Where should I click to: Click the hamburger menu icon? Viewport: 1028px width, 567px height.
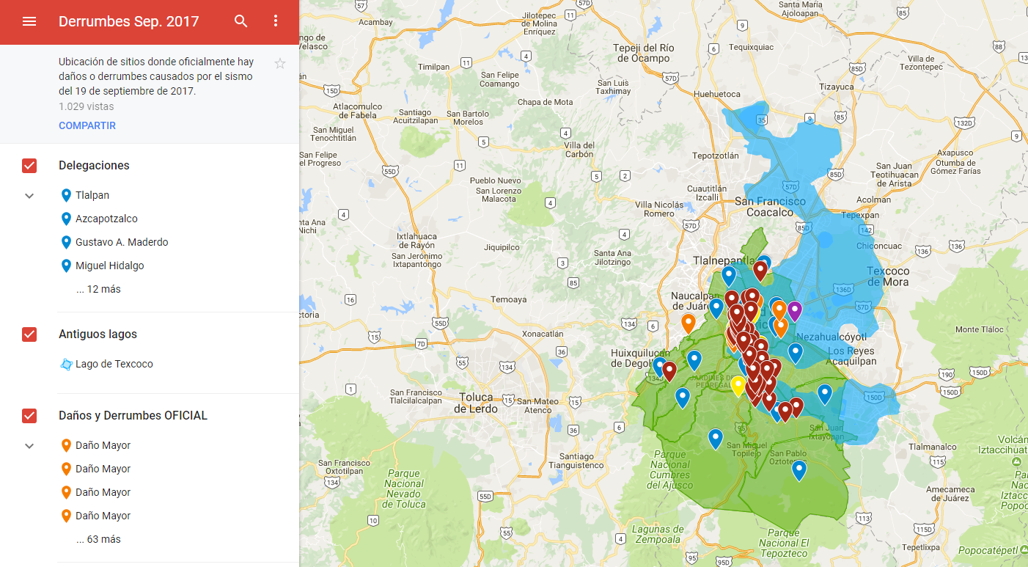(29, 21)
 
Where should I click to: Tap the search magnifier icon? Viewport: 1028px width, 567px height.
(241, 21)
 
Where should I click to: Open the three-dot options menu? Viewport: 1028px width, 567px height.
(276, 21)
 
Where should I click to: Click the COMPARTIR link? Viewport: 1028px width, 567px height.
(87, 125)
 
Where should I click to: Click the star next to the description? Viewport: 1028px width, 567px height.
(280, 64)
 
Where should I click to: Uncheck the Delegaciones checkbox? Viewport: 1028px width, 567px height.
(29, 166)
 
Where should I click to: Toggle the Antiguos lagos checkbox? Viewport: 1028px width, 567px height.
(29, 334)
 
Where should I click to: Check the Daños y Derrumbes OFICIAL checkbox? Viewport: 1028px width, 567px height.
(29, 416)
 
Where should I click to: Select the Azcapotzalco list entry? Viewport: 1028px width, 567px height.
(106, 219)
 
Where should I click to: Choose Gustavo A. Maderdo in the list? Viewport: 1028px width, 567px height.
(122, 242)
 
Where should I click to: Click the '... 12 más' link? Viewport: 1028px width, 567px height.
(98, 289)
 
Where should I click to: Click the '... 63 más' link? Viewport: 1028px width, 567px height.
(98, 539)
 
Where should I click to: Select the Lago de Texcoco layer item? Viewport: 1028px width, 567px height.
(114, 364)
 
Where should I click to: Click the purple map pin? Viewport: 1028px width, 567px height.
(794, 310)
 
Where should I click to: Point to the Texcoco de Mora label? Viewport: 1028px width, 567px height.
(887, 276)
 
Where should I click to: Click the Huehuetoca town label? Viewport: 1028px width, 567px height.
(716, 95)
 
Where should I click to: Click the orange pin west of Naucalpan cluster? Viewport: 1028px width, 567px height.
(688, 322)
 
